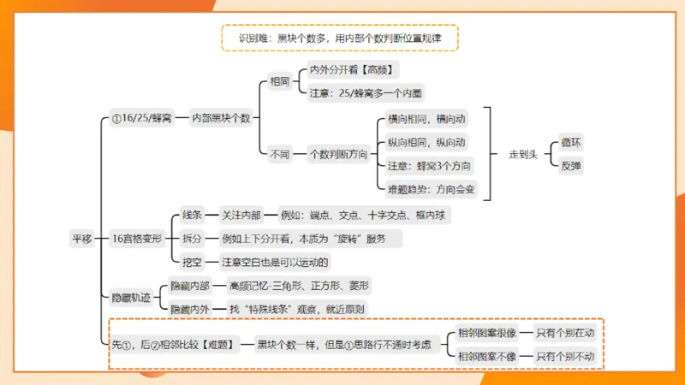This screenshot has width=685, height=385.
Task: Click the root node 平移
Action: coord(81,239)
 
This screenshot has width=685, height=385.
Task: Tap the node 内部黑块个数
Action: coord(221,118)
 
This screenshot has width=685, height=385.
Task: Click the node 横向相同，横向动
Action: coord(426,121)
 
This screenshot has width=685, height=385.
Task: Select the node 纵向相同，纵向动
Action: coord(426,143)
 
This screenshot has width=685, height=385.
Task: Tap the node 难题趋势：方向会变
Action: coord(432,187)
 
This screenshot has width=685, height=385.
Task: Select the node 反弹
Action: coord(570,165)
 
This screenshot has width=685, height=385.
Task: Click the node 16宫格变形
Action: coord(137,239)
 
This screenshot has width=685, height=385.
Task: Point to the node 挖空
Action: coord(193,261)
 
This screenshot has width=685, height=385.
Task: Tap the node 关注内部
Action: coord(241,216)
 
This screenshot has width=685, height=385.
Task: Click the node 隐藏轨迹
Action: coord(131,298)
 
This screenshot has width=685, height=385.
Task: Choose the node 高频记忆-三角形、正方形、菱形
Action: coord(303,285)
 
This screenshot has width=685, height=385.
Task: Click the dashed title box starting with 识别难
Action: coord(340,38)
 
